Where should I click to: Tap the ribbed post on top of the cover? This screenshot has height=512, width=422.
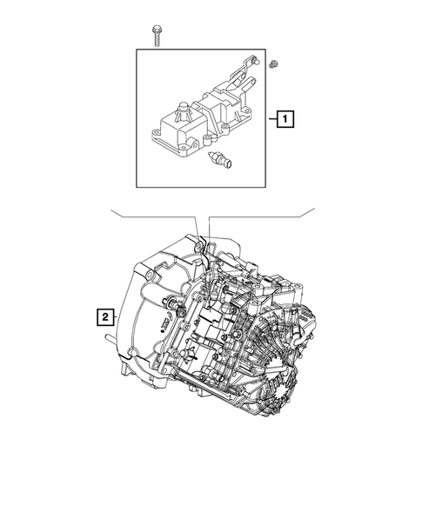click(183, 112)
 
